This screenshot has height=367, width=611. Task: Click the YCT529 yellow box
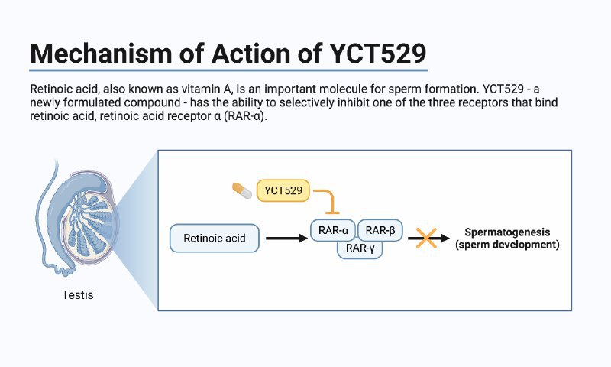(x=283, y=190)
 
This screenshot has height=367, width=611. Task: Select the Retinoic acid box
(x=215, y=238)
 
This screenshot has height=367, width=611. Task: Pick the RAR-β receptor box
(x=380, y=230)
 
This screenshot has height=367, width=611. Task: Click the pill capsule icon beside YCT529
(x=242, y=189)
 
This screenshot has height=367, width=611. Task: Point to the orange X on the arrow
(x=422, y=238)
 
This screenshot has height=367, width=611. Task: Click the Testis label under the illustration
(x=77, y=294)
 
